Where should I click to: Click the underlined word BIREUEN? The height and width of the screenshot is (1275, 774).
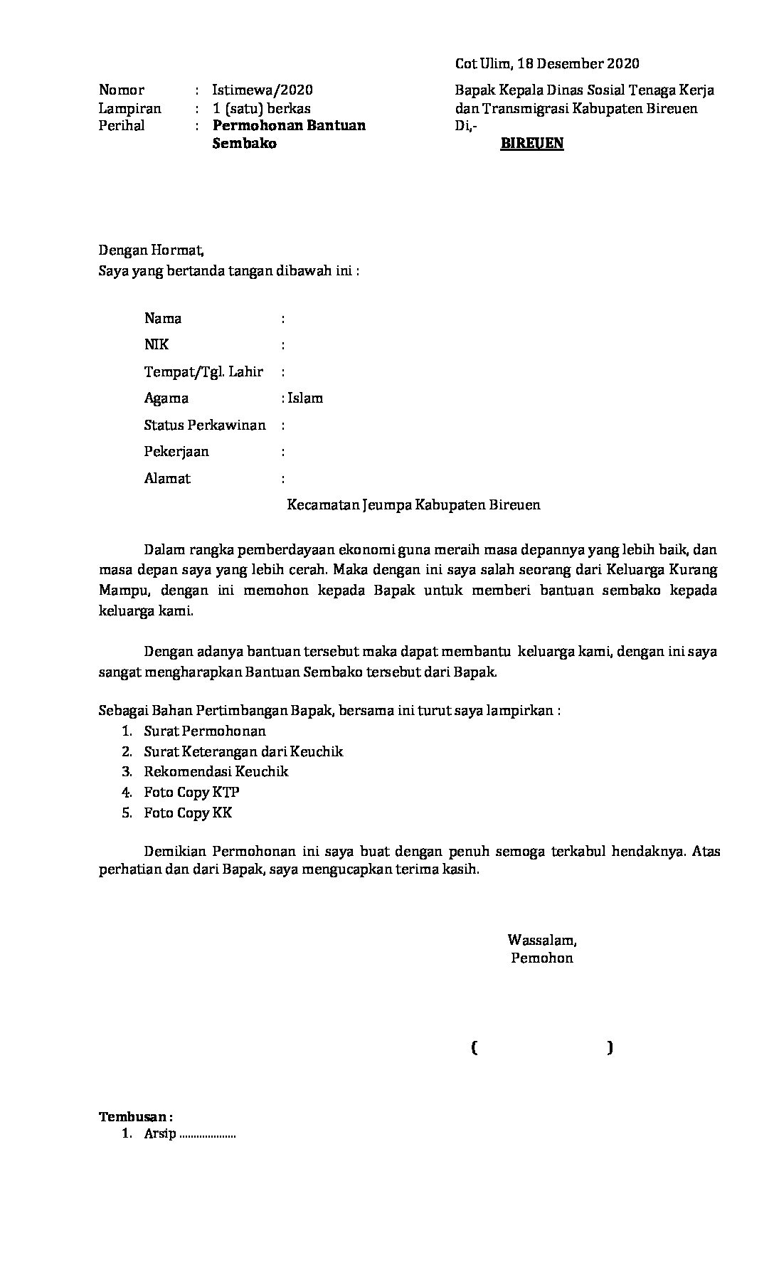(x=531, y=143)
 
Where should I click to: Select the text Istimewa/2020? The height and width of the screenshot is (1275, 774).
(x=262, y=90)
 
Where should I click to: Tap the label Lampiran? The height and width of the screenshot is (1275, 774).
(x=129, y=108)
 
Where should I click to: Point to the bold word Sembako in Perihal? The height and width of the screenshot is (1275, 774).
(x=244, y=143)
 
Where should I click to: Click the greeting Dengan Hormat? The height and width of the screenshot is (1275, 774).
(x=151, y=250)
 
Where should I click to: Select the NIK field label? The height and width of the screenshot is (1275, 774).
(x=157, y=344)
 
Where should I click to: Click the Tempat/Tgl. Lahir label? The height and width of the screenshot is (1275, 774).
(x=203, y=371)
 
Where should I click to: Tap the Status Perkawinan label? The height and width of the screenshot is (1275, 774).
(x=205, y=425)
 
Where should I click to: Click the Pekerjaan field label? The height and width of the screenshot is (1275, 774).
(x=176, y=451)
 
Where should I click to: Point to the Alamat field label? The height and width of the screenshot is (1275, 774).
(x=167, y=478)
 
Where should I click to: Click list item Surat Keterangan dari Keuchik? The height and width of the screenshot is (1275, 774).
(x=243, y=751)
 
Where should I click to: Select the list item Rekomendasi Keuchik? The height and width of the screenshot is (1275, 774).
(x=216, y=771)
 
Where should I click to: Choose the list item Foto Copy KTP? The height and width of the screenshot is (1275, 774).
(x=191, y=792)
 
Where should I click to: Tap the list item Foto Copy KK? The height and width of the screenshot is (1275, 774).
(x=188, y=813)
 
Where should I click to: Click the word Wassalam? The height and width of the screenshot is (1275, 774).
(x=541, y=940)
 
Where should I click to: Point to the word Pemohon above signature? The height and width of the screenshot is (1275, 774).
(x=541, y=958)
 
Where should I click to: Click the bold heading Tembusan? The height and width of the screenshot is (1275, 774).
(x=135, y=1116)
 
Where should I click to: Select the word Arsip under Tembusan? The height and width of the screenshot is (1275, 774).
(x=159, y=1134)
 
